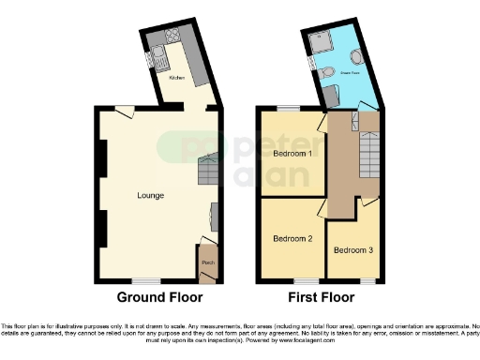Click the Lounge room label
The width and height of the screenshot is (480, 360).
point(150,195)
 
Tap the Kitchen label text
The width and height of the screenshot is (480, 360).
point(177,78)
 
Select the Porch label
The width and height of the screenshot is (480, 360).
point(207,262)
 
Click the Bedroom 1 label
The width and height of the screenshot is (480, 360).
point(292,153)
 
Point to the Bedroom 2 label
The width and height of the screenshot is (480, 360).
point(292,238)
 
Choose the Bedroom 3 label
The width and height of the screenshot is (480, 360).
point(352,249)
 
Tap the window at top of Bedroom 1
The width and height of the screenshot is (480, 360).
point(281,110)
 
